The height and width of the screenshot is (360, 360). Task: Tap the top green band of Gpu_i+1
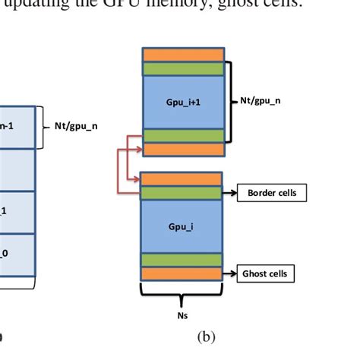pyautogui.click(x=182, y=68)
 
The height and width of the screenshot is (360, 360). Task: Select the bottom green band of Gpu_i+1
pyautogui.click(x=182, y=135)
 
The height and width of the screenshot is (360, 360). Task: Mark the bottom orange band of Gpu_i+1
pyautogui.click(x=182, y=149)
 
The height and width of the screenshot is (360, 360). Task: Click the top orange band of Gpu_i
pyautogui.click(x=182, y=178)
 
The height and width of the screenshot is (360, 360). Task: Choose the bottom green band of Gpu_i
pyautogui.click(x=182, y=260)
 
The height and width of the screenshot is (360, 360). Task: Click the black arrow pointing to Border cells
pyautogui.click(x=230, y=193)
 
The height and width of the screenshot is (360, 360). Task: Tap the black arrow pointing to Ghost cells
pyautogui.click(x=230, y=272)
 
